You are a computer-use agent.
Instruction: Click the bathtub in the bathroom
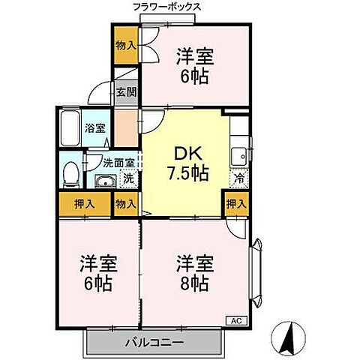[70, 130]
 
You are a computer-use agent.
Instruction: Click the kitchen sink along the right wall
[238, 157]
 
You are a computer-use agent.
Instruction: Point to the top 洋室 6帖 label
[195, 65]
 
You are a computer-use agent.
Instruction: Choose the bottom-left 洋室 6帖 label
[98, 274]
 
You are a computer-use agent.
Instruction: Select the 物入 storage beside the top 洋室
[125, 45]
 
